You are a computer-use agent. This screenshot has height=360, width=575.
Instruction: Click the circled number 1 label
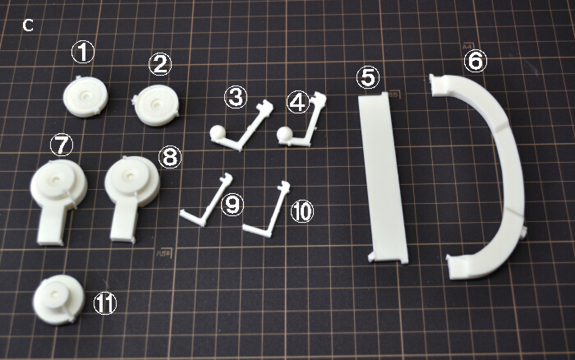[x=82, y=52]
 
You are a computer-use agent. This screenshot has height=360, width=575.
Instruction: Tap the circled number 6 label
[x=476, y=61]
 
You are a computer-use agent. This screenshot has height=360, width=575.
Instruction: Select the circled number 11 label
[x=105, y=304]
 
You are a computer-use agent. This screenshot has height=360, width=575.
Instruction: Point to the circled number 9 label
[x=232, y=205]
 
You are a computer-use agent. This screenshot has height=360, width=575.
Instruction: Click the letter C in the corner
[x=28, y=25]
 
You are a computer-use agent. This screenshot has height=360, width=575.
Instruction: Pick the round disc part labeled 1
[x=85, y=97]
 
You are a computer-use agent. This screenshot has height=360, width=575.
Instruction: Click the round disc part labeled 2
[x=156, y=105]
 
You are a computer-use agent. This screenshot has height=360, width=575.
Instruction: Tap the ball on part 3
[x=217, y=132]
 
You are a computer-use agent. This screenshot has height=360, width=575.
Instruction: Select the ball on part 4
[x=284, y=134]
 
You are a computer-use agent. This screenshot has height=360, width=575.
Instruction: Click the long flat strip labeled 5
[x=383, y=178]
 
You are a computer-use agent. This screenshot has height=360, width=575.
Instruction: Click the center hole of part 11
[x=55, y=294]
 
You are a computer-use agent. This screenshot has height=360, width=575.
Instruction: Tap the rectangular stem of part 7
[x=51, y=224]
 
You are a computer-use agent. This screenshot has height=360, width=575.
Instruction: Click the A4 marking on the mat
[x=466, y=47]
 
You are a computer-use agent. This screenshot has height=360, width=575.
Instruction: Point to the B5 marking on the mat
[x=393, y=95]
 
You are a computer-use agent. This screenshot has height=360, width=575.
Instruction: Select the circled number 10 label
[x=302, y=211]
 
